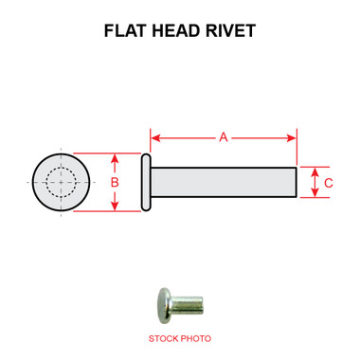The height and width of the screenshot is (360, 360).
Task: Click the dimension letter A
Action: pos(225,137)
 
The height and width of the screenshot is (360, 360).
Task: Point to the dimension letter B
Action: pos(115,182)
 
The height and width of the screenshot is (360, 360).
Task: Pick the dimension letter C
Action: pos(328,182)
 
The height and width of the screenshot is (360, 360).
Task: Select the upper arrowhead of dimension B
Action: pos(115,157)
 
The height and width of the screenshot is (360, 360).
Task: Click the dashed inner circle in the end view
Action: pos(61,182)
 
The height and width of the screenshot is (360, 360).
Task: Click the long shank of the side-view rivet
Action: pos(223,182)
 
